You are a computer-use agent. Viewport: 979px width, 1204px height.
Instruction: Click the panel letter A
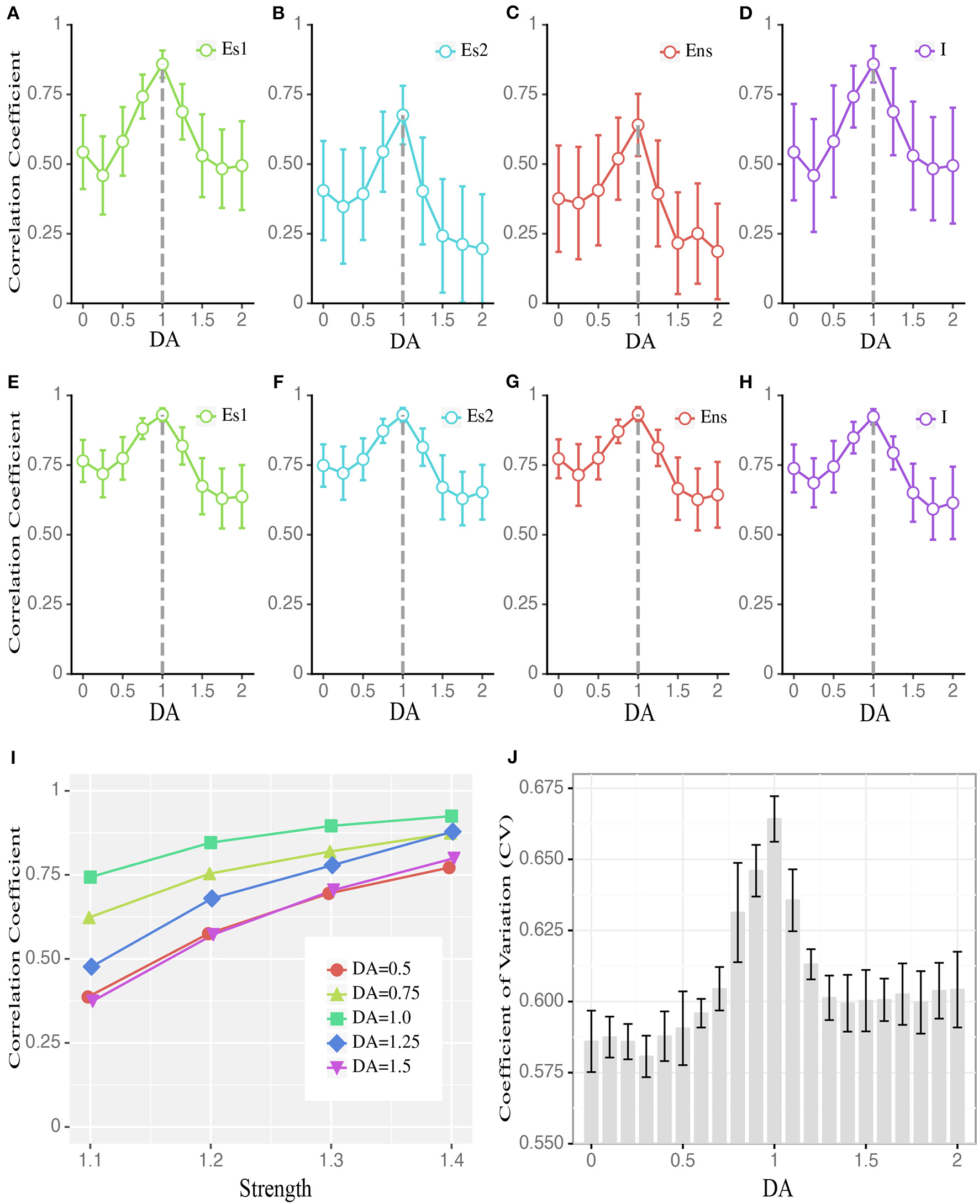13,13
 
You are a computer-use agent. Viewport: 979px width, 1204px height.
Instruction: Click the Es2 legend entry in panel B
462,51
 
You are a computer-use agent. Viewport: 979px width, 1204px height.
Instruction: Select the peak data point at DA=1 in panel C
638,125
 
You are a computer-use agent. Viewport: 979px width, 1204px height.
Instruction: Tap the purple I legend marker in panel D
924,51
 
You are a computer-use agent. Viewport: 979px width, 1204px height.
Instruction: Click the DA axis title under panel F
404,712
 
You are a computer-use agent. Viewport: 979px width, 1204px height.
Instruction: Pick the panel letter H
745,382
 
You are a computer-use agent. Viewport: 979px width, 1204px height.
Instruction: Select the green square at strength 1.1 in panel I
90,877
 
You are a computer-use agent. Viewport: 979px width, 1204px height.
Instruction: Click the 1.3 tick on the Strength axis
331,1160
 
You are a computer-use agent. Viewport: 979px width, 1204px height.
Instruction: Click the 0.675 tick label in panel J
541,787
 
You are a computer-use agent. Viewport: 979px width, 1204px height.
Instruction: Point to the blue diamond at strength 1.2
212,899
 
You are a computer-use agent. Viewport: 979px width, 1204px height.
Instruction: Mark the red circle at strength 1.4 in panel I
449,868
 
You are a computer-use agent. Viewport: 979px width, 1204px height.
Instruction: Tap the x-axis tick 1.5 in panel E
202,690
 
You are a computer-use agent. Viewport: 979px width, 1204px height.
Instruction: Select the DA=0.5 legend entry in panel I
369,969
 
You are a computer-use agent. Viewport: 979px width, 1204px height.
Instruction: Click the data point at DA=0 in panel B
323,191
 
